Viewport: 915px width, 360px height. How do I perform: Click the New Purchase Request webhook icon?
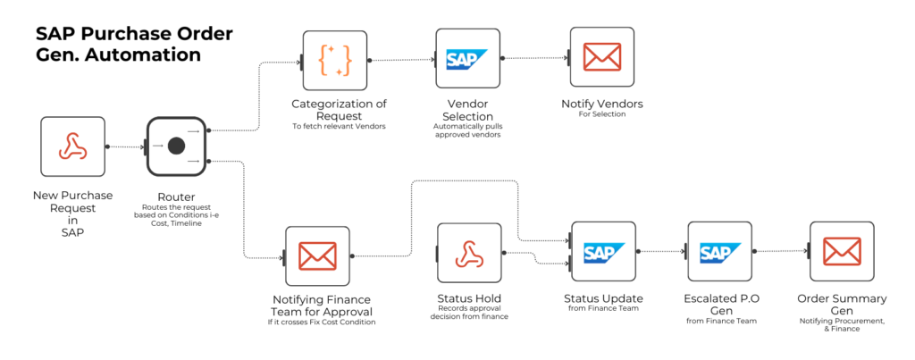(72, 147)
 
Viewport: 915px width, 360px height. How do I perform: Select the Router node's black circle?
(176, 146)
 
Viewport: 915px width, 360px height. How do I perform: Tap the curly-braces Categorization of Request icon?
(334, 60)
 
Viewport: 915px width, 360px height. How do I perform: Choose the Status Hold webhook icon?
(469, 255)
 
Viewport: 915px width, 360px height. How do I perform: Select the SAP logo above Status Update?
(603, 254)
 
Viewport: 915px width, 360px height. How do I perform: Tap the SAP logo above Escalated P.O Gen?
(719, 254)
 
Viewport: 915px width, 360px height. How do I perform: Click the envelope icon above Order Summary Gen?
(841, 254)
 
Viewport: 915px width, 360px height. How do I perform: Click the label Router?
(176, 197)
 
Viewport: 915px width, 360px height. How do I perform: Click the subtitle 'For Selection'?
(601, 114)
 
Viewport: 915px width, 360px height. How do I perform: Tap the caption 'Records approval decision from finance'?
(469, 313)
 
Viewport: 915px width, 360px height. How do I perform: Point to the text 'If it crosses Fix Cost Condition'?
(320, 322)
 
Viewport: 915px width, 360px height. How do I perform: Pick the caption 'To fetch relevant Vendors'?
(339, 126)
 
